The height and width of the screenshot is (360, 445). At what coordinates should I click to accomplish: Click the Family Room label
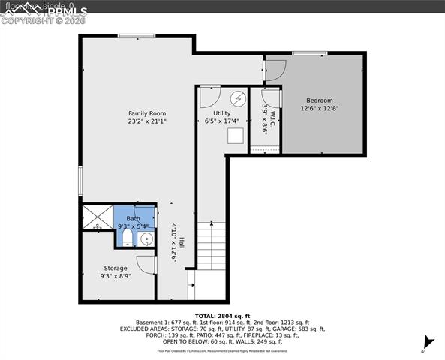pos(146,113)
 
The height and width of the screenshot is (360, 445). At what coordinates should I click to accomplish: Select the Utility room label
pos(222,113)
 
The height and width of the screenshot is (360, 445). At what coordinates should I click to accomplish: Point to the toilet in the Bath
pos(128,238)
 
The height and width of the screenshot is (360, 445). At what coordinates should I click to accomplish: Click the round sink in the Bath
pos(146,239)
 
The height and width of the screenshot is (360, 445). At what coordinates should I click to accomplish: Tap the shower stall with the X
pos(97,217)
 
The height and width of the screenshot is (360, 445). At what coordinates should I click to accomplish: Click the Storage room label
pos(116,268)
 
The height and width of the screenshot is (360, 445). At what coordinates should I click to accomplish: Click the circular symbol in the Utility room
pos(238,98)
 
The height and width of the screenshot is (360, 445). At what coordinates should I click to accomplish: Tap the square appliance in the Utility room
pos(236,135)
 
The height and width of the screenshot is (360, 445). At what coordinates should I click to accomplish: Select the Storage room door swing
pos(146,264)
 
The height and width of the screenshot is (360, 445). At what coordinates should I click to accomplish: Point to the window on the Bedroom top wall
pos(304,52)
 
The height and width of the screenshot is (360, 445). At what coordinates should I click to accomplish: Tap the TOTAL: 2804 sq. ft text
pos(222,316)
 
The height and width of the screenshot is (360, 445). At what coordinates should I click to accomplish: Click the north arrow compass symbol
pos(424,346)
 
